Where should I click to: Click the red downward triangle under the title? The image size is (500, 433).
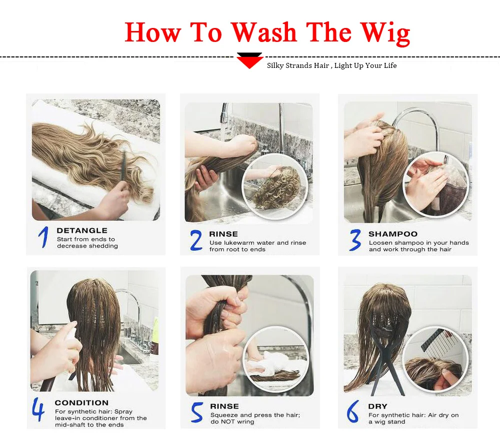click(249, 61)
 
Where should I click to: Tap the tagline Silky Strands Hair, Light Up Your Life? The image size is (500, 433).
click(331, 65)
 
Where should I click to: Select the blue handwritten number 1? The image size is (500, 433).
click(43, 237)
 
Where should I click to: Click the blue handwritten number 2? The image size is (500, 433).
click(196, 240)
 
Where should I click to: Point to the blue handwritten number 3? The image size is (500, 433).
click(355, 240)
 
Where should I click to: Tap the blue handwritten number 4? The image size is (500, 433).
click(38, 409)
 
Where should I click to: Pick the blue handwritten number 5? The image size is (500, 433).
click(196, 413)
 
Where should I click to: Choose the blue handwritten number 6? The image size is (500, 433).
click(352, 412)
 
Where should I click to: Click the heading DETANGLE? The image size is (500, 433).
click(82, 230)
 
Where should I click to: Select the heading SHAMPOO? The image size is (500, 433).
click(393, 234)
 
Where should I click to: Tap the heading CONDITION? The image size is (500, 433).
click(81, 403)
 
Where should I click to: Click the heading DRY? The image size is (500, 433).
click(377, 406)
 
